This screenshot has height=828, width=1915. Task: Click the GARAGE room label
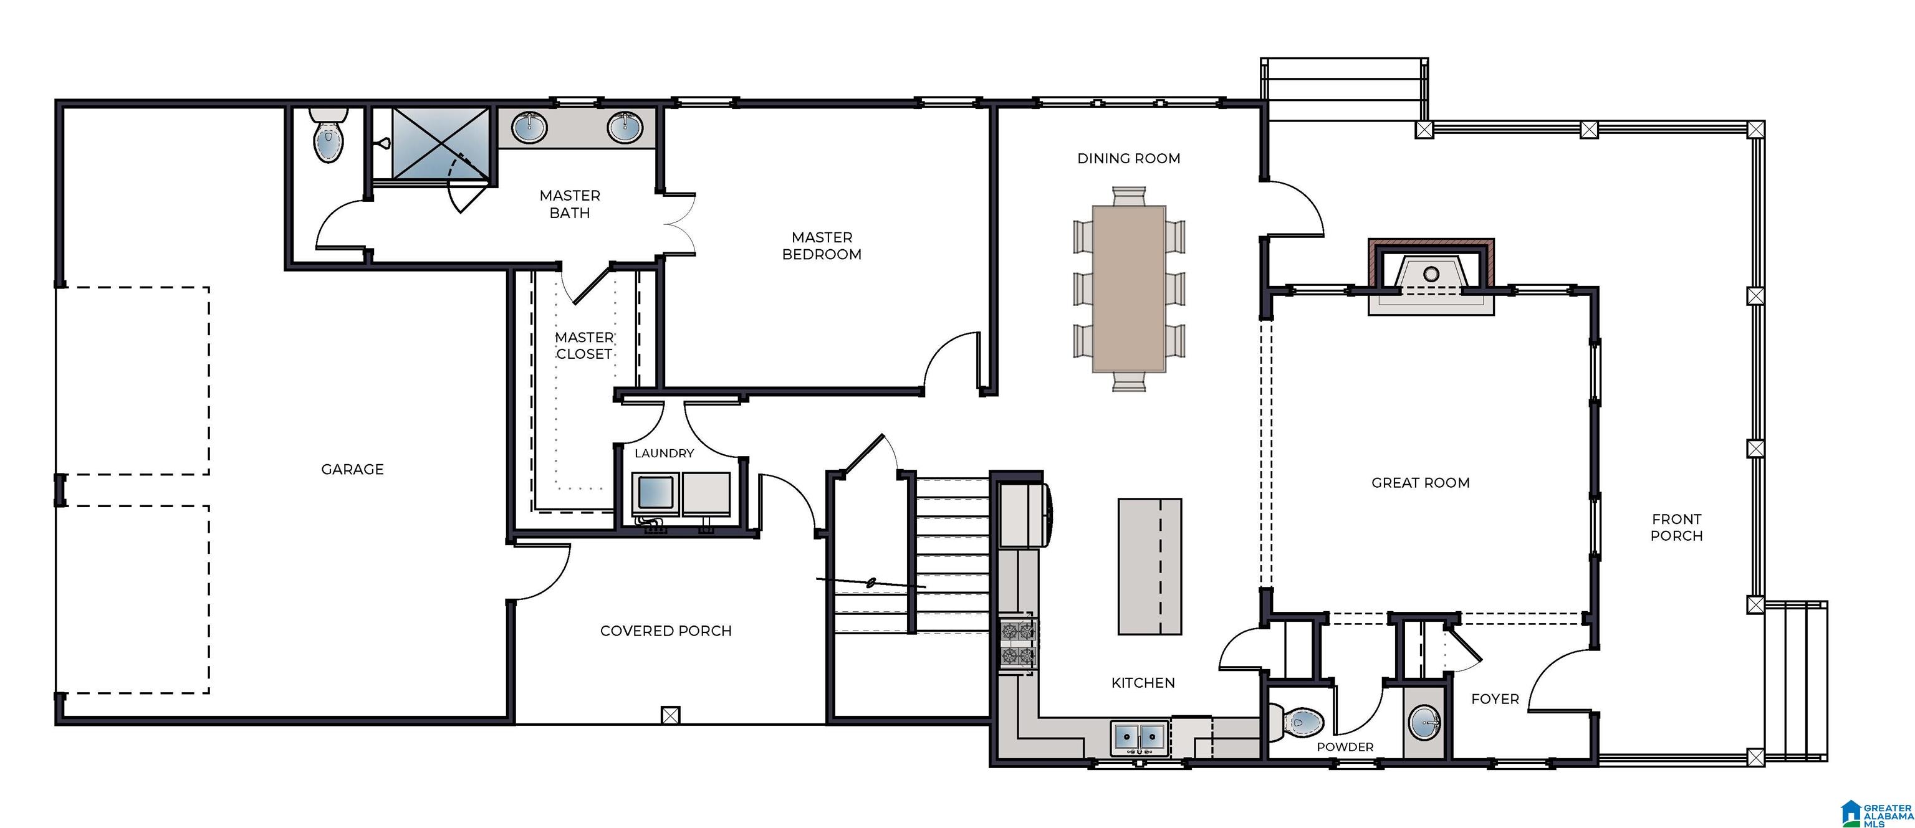pyautogui.click(x=352, y=469)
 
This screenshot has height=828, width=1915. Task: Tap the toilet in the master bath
pyautogui.click(x=329, y=137)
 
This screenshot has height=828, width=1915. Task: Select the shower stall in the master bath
pyautogui.click(x=440, y=143)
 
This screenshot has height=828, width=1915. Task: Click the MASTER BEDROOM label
pyautogui.click(x=822, y=245)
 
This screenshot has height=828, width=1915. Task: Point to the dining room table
pyautogui.click(x=1128, y=288)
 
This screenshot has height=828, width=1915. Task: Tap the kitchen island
pyautogui.click(x=1149, y=566)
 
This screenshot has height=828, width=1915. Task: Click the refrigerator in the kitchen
pyautogui.click(x=1023, y=515)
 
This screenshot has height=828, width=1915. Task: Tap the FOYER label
pyautogui.click(x=1495, y=698)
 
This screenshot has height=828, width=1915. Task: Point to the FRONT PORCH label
pyautogui.click(x=1676, y=527)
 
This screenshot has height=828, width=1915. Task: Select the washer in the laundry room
pyautogui.click(x=654, y=493)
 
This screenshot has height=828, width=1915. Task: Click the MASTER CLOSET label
pyautogui.click(x=583, y=346)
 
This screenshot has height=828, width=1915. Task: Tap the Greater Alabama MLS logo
pyautogui.click(x=1876, y=813)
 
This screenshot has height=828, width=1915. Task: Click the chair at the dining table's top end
pyautogui.click(x=1128, y=196)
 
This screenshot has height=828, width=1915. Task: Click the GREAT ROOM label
pyautogui.click(x=1420, y=483)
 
